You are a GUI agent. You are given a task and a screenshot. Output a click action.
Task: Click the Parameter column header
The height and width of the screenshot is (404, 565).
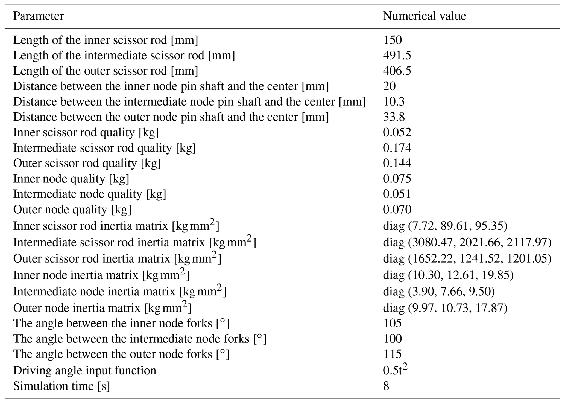click(x=38, y=16)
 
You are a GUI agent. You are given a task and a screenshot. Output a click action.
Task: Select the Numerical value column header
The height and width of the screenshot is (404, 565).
click(x=424, y=16)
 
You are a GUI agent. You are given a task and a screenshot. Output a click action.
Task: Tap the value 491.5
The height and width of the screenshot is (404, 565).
click(x=397, y=56)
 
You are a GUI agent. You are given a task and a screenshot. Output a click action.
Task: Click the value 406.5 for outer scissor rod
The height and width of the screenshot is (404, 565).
click(x=397, y=71)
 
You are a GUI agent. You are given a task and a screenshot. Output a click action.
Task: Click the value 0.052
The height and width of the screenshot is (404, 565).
click(x=397, y=132)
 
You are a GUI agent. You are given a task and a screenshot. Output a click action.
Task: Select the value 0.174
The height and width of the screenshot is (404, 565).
click(x=397, y=148)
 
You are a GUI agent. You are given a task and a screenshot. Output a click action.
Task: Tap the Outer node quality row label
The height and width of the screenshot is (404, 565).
click(x=72, y=210)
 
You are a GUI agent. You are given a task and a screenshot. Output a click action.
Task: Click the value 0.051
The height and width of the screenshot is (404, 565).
click(x=397, y=194)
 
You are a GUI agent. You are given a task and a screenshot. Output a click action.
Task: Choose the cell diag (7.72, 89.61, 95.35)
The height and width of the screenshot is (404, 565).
click(x=445, y=226)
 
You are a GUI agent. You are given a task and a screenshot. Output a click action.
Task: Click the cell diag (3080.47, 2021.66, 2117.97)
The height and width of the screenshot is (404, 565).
click(x=467, y=242)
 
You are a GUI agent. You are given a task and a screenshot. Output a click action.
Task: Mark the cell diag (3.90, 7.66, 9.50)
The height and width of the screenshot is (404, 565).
click(x=439, y=292)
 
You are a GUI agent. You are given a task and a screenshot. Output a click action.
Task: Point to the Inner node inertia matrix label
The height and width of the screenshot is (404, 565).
click(x=101, y=275)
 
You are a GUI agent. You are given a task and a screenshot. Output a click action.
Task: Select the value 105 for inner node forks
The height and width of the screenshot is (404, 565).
click(x=392, y=323)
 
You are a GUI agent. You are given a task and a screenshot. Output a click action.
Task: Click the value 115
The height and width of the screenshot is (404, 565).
click(x=392, y=354)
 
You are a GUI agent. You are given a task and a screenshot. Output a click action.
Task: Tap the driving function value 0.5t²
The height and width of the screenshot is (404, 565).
click(x=395, y=370)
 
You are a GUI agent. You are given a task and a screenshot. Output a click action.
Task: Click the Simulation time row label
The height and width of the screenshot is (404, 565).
click(x=61, y=386)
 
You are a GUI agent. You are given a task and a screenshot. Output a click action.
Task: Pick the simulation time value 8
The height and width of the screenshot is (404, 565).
click(x=386, y=386)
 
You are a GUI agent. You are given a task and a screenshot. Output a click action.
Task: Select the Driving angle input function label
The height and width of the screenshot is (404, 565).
click(x=85, y=370)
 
